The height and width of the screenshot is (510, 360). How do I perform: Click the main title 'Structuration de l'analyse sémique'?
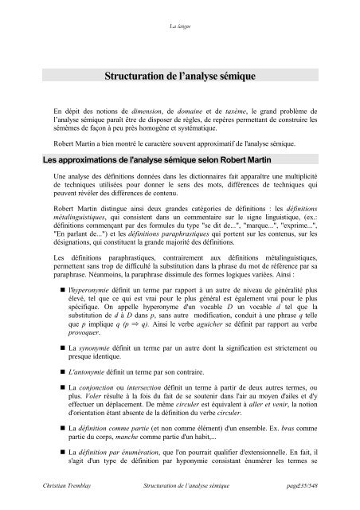[179, 77]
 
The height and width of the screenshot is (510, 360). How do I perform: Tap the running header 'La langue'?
[179, 26]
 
